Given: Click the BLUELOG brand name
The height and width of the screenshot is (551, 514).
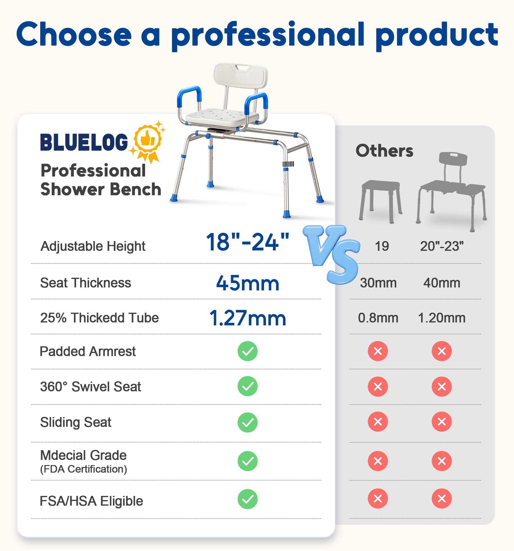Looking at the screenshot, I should (x=84, y=142).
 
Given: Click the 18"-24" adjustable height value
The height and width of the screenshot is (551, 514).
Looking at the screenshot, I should (x=247, y=242).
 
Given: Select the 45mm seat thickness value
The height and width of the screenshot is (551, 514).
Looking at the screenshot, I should (x=247, y=283).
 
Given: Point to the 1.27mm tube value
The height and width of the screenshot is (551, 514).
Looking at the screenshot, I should (x=247, y=318).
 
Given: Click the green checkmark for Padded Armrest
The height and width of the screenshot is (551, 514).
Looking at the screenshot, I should (x=247, y=351).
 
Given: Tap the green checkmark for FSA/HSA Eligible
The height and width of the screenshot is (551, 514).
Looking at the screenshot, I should (x=247, y=499).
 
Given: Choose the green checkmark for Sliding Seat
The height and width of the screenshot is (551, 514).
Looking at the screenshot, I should (x=247, y=422).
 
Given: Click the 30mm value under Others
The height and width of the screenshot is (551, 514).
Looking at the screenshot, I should (x=378, y=283).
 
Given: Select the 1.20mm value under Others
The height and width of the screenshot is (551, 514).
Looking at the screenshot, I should (x=441, y=318).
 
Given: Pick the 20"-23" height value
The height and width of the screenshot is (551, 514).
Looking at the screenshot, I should (x=441, y=246).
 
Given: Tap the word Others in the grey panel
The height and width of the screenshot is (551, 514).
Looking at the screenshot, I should (x=384, y=151).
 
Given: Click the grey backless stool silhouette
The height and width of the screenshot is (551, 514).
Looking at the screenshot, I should (x=380, y=200).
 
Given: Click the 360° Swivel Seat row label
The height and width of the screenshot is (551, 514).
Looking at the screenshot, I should (x=91, y=387).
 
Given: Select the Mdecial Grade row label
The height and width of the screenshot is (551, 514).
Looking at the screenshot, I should (x=83, y=455).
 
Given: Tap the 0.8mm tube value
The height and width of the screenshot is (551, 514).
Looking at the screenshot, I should (x=378, y=318).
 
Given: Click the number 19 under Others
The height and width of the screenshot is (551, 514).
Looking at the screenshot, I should (x=382, y=246).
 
